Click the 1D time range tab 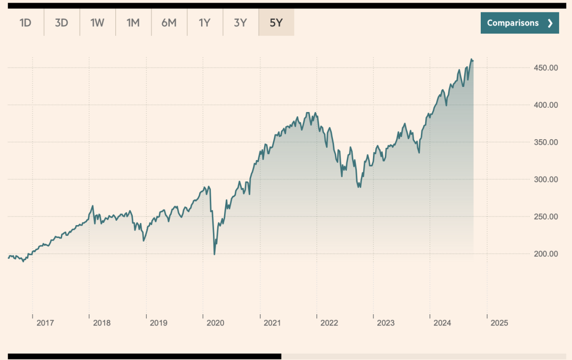(26, 23)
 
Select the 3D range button (61, 23)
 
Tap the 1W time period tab (97, 23)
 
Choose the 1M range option (133, 23)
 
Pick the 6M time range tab (169, 23)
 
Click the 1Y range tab (205, 23)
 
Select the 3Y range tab (240, 23)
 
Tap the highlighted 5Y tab (276, 23)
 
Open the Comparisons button (519, 23)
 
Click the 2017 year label (45, 323)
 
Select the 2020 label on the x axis (215, 323)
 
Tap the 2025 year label (499, 323)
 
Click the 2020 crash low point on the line (215, 254)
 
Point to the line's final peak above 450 (471, 59)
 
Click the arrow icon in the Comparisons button (550, 23)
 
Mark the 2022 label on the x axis (329, 323)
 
